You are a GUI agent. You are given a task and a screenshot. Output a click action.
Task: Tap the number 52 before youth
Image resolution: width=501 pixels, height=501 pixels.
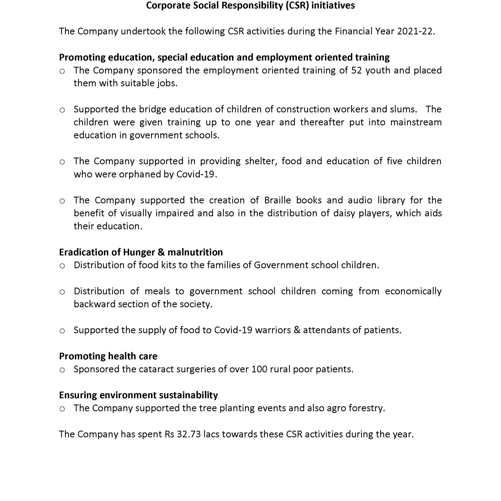(356, 70)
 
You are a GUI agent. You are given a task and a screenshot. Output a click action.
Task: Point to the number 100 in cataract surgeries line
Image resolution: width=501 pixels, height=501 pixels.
(259, 369)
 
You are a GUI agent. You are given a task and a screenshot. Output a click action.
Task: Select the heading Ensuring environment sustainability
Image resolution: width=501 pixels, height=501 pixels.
(139, 395)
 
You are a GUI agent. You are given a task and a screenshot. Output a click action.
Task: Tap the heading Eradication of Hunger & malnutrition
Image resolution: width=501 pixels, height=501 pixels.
(141, 252)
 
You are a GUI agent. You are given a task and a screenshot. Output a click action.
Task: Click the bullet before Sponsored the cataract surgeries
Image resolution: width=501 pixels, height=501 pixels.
(62, 370)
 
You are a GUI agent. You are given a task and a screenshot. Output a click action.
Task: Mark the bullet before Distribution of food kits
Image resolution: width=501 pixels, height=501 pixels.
(62, 266)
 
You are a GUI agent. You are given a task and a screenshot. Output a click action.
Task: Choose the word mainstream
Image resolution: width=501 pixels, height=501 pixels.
(416, 122)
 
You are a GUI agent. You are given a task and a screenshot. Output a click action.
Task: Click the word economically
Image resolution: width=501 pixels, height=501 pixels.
(413, 291)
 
